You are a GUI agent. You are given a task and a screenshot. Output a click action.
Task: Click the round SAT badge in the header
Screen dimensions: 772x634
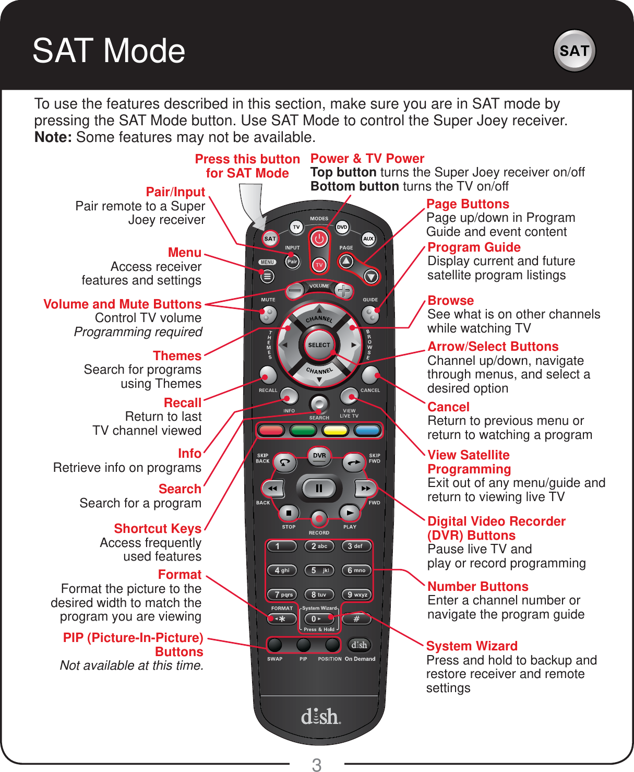pyautogui.click(x=574, y=51)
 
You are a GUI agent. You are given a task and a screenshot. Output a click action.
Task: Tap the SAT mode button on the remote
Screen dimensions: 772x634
pyautogui.click(x=270, y=239)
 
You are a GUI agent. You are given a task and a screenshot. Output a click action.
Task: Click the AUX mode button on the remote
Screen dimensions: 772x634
pyautogui.click(x=368, y=239)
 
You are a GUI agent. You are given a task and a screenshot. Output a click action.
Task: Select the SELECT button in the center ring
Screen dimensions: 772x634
pyautogui.click(x=319, y=345)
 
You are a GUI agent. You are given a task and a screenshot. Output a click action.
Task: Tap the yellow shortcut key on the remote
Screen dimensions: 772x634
pyautogui.click(x=335, y=431)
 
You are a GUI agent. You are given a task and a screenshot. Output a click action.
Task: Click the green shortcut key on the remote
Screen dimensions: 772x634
pyautogui.click(x=303, y=431)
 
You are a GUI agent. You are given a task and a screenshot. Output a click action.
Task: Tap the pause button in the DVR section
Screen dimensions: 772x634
pyautogui.click(x=319, y=489)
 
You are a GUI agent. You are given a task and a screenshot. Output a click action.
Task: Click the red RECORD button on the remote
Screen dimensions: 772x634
pyautogui.click(x=319, y=518)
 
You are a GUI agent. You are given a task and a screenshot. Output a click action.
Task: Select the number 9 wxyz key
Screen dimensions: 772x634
pyautogui.click(x=357, y=595)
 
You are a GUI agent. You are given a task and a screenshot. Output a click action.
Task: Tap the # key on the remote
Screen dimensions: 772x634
pyautogui.click(x=357, y=619)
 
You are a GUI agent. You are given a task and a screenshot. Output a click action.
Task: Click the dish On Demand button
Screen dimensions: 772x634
pyautogui.click(x=359, y=645)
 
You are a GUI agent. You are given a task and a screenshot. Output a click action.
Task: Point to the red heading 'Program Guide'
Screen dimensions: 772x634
pyautogui.click(x=474, y=247)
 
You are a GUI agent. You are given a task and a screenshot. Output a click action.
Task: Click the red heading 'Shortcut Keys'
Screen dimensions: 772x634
pyautogui.click(x=158, y=529)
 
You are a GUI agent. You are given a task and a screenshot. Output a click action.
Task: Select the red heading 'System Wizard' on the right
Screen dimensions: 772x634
pyautogui.click(x=472, y=646)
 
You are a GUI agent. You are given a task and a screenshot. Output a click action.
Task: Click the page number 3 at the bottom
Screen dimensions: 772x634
pyautogui.click(x=317, y=765)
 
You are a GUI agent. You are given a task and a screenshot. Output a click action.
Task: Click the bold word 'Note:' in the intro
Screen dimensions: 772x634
pyautogui.click(x=53, y=137)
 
